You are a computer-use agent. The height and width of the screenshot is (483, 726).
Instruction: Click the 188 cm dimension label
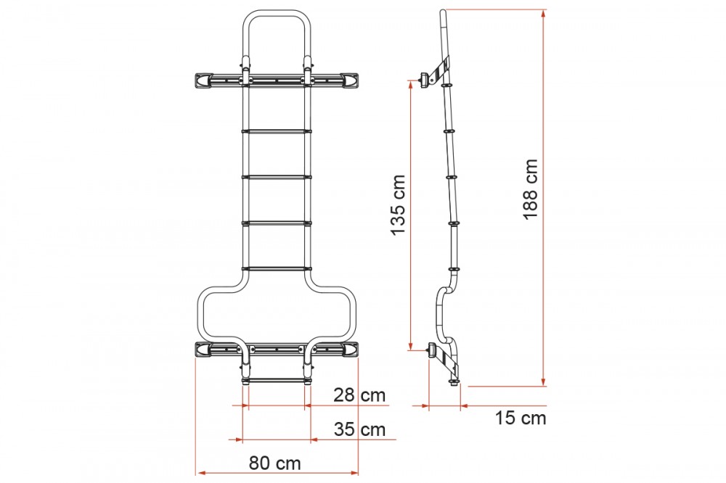click(x=531, y=189)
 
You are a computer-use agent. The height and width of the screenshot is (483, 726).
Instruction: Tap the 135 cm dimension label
click(x=398, y=205)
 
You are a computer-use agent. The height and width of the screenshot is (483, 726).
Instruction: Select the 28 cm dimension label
click(x=359, y=395)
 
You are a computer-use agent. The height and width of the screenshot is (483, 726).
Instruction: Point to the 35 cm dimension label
click(x=360, y=429)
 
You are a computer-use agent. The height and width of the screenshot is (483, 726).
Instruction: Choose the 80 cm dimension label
click(x=275, y=463)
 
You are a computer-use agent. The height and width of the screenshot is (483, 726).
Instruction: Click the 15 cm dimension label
click(x=521, y=418)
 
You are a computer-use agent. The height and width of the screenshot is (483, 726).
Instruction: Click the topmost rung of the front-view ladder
click(x=277, y=131)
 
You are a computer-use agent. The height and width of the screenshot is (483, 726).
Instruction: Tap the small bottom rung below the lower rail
click(x=277, y=380)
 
